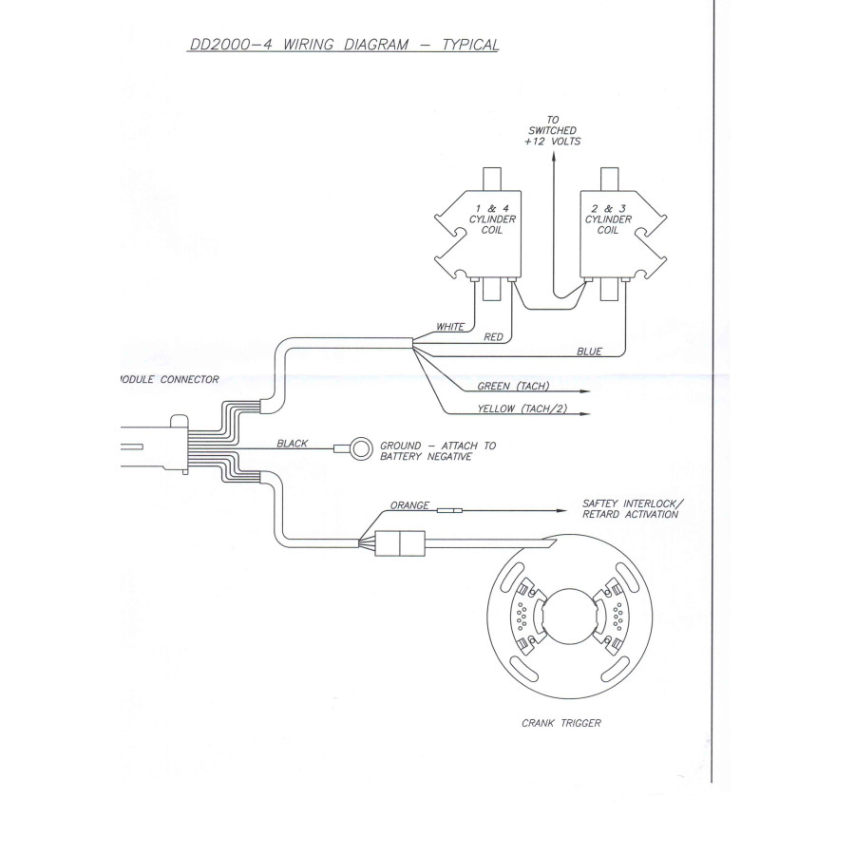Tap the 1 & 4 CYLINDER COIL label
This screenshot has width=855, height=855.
[492, 219]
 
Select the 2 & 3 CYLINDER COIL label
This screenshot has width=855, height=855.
[608, 219]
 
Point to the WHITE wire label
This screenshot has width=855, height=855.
[450, 327]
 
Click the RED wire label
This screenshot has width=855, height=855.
[493, 337]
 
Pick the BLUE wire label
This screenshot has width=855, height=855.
[589, 351]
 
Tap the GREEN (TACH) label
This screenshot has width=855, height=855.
[513, 386]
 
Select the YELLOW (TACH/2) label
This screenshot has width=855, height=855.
[522, 408]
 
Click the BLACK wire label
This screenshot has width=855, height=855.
[293, 444]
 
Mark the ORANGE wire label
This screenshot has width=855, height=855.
[409, 505]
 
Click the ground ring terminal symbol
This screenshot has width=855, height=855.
[360, 448]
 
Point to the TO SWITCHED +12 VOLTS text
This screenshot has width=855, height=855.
[552, 130]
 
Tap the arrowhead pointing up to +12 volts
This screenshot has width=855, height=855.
[554, 158]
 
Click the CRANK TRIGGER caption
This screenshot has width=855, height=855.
[561, 723]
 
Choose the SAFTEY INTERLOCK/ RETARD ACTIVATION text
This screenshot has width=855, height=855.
[633, 509]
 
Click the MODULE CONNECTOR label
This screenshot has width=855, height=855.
[169, 379]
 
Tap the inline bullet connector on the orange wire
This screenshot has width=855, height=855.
[450, 511]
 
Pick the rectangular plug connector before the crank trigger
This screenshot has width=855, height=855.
[400, 543]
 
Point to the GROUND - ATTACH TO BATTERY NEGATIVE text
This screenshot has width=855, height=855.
[438, 451]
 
